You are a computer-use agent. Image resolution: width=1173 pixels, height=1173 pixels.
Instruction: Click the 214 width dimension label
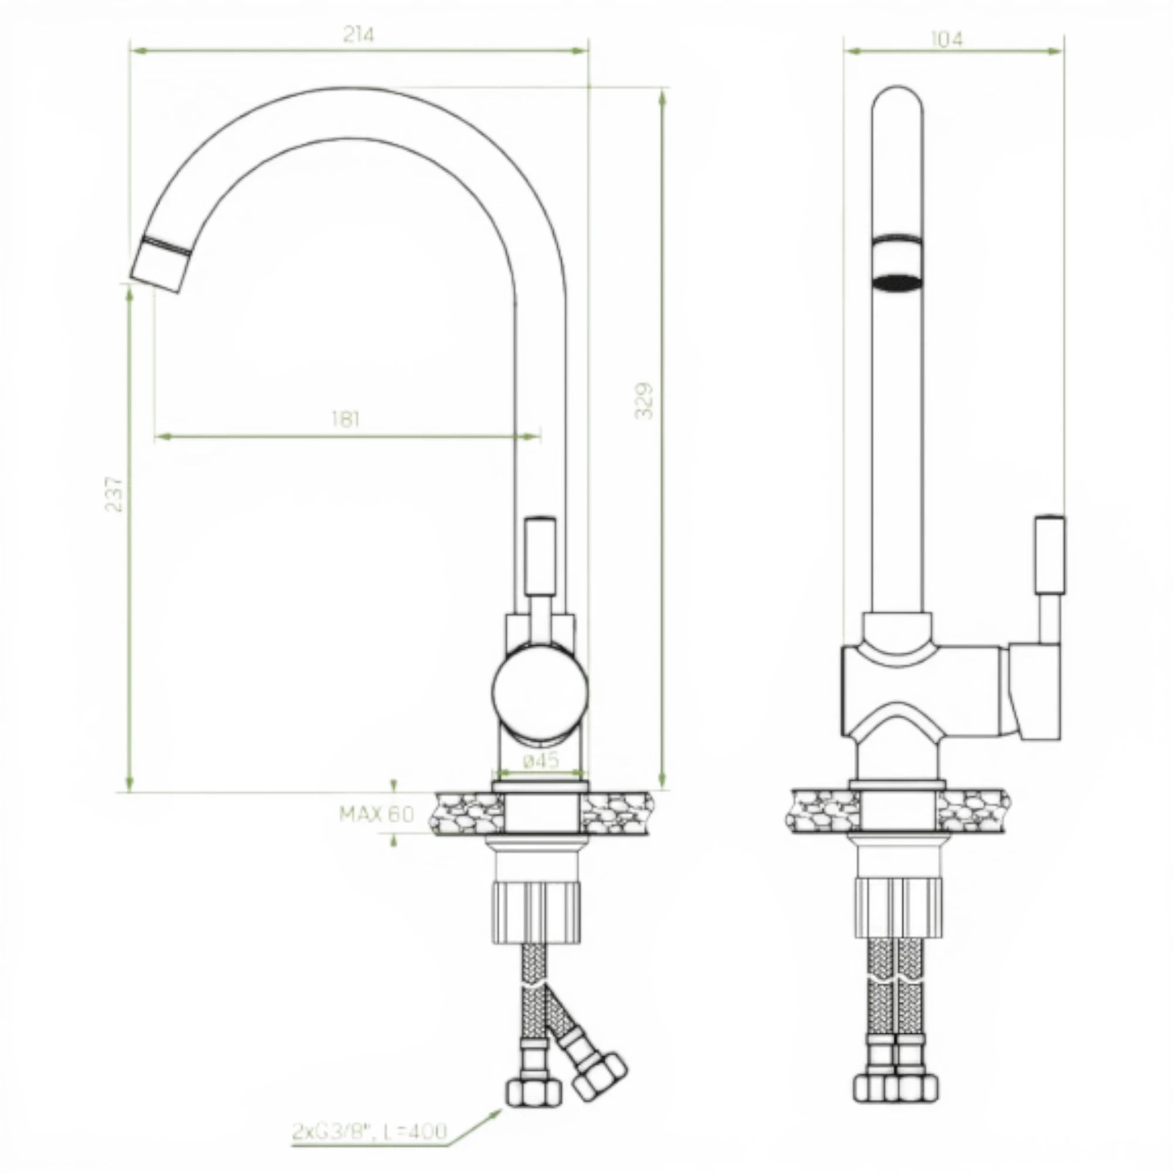[x=359, y=35]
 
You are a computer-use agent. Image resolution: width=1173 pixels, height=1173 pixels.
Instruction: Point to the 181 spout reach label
[x=345, y=419]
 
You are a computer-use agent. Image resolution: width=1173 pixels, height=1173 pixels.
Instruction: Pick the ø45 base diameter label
[x=540, y=761]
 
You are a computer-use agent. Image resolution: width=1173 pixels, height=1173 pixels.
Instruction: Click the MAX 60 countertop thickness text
[x=377, y=814]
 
